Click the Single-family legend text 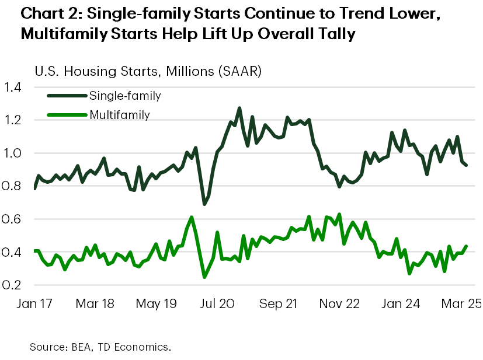click(x=124, y=95)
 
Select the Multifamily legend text click(x=120, y=115)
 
